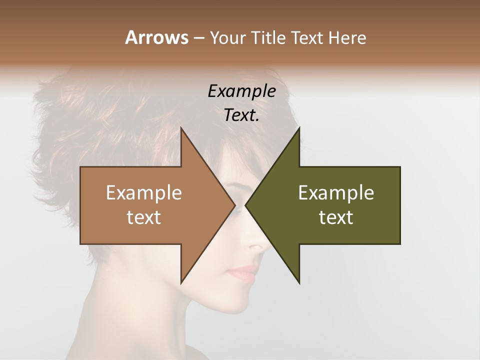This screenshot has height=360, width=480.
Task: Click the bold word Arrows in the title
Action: coord(156,37)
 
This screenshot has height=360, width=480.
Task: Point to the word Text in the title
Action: coord(308,38)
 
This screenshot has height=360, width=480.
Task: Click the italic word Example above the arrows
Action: coord(241,91)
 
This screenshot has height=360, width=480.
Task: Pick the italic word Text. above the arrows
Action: coord(241,115)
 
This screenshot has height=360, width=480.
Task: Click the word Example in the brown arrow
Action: coord(144,192)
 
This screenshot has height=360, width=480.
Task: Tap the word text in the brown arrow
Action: coord(144,217)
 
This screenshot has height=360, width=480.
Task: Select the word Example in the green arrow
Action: coord(336,192)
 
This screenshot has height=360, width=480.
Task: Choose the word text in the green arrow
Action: coord(336,217)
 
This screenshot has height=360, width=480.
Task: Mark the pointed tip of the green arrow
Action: coord(246,205)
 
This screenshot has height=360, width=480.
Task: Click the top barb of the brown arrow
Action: coord(182,131)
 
